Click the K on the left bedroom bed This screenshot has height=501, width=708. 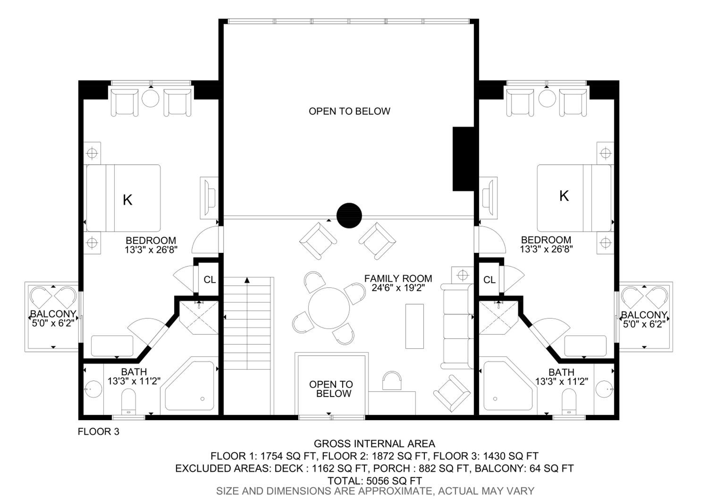[127, 200]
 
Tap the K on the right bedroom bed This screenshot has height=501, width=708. [564, 196]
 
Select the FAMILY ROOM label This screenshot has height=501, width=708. [398, 278]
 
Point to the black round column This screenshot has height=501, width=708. [349, 216]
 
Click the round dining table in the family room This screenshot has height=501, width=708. [329, 308]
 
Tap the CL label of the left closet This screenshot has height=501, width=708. [210, 280]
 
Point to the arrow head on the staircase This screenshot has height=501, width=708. [247, 280]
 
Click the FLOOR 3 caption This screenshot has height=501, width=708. [98, 432]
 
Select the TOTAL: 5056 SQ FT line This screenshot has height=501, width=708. [375, 481]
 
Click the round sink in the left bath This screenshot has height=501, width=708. [93, 389]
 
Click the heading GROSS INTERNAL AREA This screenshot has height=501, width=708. [374, 444]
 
